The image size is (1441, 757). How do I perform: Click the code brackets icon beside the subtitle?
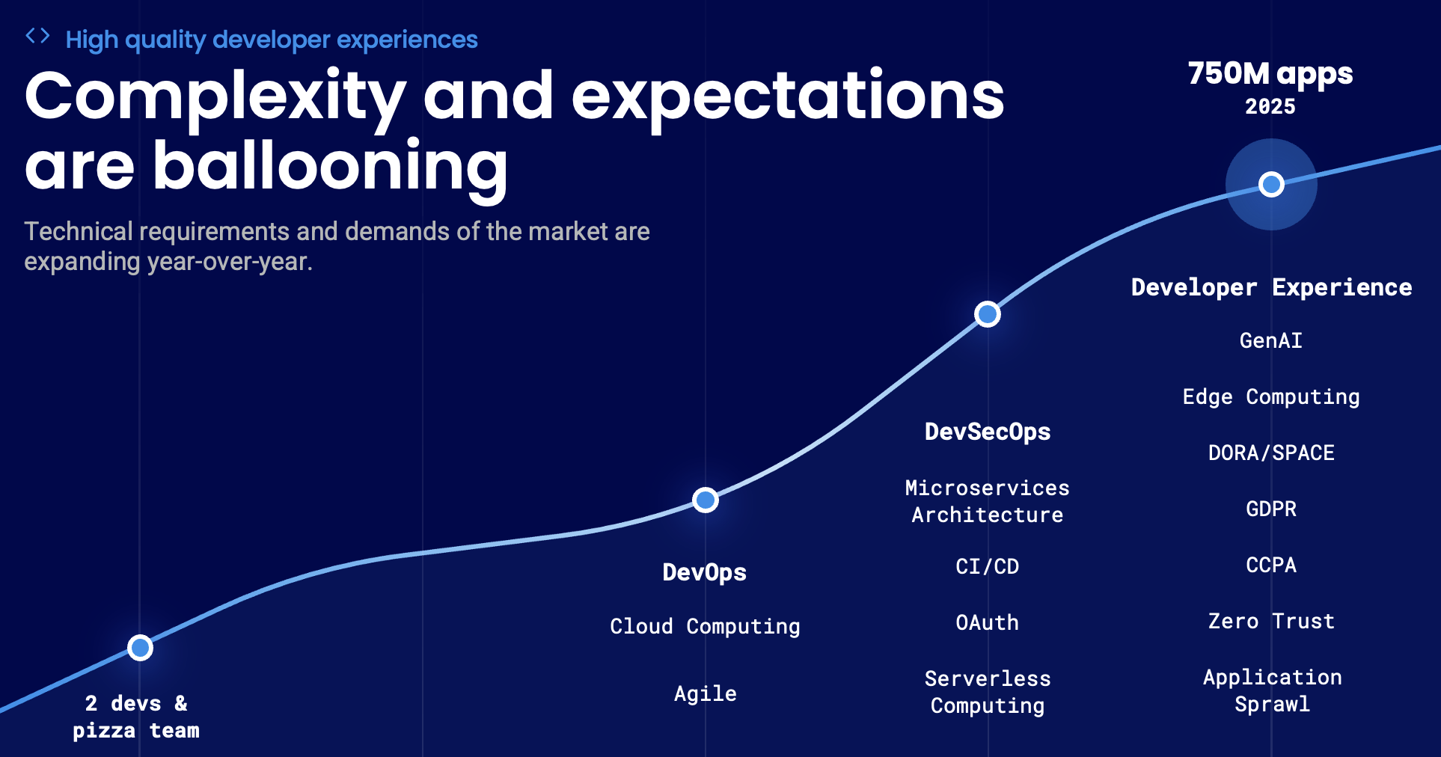[x=37, y=35]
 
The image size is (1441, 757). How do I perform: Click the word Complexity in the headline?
[x=215, y=97]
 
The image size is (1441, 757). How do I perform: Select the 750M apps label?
[x=1270, y=74]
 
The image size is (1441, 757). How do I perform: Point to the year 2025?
[x=1270, y=107]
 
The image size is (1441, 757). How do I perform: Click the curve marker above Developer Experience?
[x=1270, y=184]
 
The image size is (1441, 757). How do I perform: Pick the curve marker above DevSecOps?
[x=987, y=314]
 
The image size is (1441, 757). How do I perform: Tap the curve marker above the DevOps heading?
[x=705, y=500]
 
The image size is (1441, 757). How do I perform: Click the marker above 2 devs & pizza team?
[x=140, y=648]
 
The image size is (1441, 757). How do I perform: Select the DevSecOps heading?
[x=987, y=432]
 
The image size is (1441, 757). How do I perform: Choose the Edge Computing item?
[x=1270, y=397]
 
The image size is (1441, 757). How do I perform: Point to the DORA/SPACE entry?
[x=1270, y=453]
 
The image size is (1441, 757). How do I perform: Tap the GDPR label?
[x=1270, y=509]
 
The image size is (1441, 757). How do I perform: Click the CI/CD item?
[x=987, y=567]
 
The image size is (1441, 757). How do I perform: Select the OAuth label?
[x=987, y=623]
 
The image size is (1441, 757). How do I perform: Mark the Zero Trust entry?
[x=1270, y=622]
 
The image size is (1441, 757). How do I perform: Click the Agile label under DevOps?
[x=705, y=694]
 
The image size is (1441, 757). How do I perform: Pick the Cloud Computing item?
[x=705, y=627]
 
